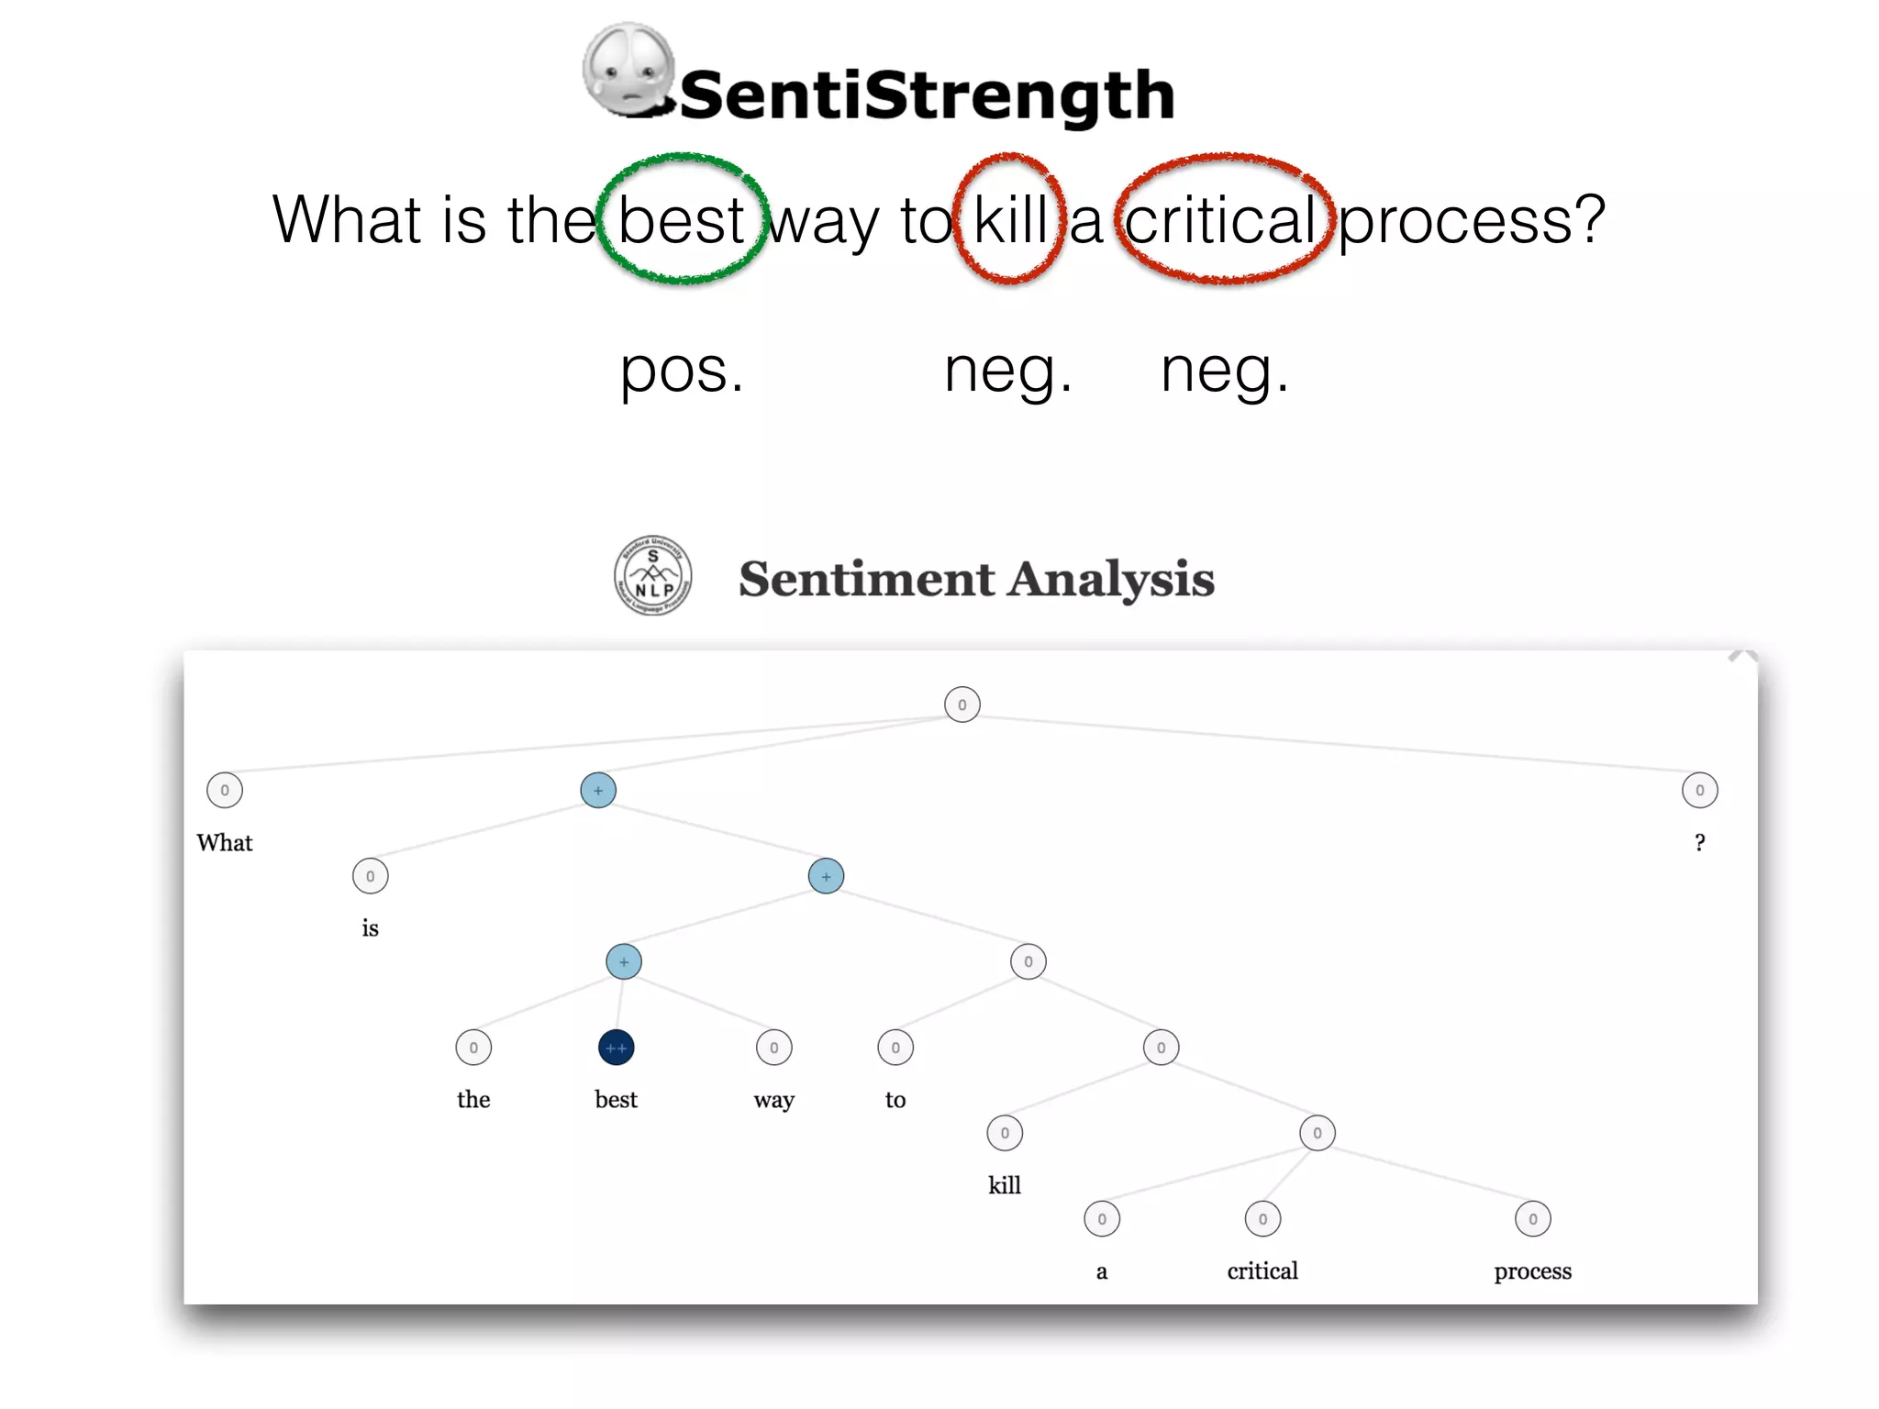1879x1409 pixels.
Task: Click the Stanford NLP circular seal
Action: [x=652, y=575]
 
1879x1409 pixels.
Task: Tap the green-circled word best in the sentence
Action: [x=681, y=220]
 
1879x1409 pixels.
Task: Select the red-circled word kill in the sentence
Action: [x=1010, y=220]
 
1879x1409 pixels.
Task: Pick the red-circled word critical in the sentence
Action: [x=1221, y=220]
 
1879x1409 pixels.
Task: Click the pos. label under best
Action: [x=682, y=370]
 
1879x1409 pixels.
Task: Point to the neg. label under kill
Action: [x=1008, y=370]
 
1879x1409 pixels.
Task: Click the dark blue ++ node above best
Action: [x=616, y=1048]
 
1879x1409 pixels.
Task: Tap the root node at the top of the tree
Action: [x=962, y=704]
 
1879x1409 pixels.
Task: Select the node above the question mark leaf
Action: [x=1699, y=790]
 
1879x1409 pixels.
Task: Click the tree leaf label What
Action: [x=224, y=842]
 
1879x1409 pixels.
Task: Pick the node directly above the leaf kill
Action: [x=1005, y=1133]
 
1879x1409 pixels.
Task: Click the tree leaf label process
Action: [x=1532, y=1270]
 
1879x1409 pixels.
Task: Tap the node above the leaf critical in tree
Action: [x=1262, y=1219]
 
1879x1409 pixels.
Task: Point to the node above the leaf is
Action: [x=370, y=876]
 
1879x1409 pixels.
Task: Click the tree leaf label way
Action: [x=773, y=1099]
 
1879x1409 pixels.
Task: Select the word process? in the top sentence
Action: [x=1471, y=220]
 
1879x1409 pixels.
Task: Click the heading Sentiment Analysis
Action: [x=976, y=578]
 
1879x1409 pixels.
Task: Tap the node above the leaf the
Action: [x=473, y=1048]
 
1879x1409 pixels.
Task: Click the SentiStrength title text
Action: [x=927, y=94]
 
